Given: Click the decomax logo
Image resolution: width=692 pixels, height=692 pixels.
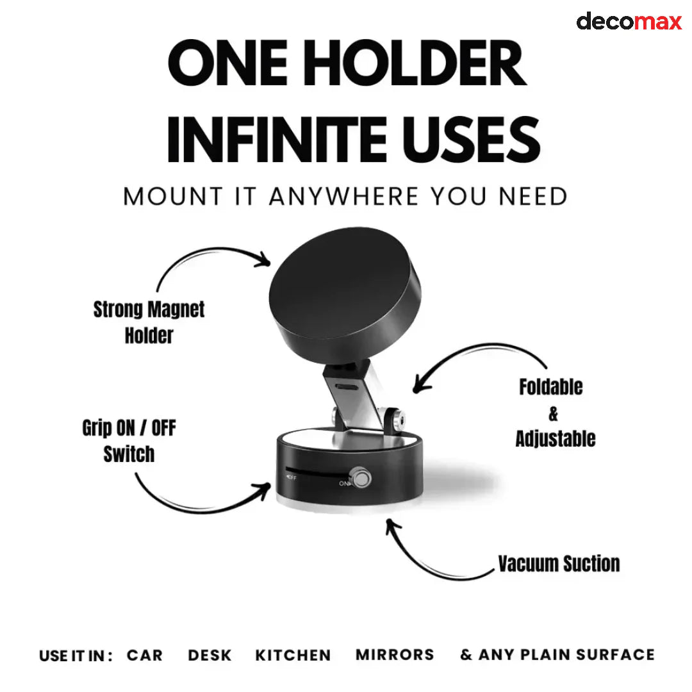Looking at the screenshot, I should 629,21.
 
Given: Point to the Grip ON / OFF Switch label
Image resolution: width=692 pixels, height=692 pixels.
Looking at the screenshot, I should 129,441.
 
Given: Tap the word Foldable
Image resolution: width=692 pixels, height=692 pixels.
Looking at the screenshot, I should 550,387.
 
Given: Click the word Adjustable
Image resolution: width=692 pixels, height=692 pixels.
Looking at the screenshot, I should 555,439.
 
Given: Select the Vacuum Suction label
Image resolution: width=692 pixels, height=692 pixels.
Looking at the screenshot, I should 559,564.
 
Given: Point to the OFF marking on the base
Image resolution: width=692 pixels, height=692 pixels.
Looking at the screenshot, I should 291,477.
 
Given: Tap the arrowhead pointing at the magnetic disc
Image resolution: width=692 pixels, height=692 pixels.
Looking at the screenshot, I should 265,259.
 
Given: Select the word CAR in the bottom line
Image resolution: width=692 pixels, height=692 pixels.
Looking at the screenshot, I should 145,655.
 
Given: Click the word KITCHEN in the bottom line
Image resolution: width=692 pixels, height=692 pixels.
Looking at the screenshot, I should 293,655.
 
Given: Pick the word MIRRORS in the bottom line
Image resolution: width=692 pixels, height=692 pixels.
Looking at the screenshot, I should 395,655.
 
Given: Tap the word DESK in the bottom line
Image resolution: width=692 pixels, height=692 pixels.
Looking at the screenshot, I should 210,655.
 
